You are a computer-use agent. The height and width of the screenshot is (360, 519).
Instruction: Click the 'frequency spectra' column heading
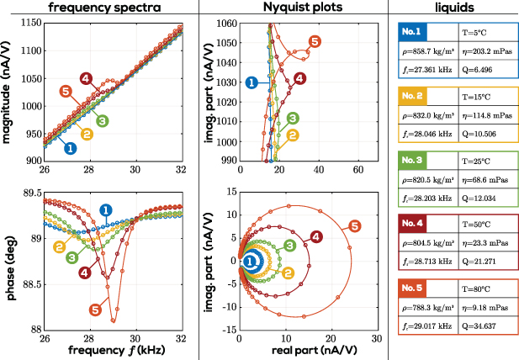(98, 8)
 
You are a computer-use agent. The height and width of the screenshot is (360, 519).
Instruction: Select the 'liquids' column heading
(453, 8)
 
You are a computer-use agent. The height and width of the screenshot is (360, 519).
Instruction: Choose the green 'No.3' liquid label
(415, 158)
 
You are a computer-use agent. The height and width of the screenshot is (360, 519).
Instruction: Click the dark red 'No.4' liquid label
(415, 223)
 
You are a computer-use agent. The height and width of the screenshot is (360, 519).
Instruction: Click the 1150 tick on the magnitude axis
(26, 23)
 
